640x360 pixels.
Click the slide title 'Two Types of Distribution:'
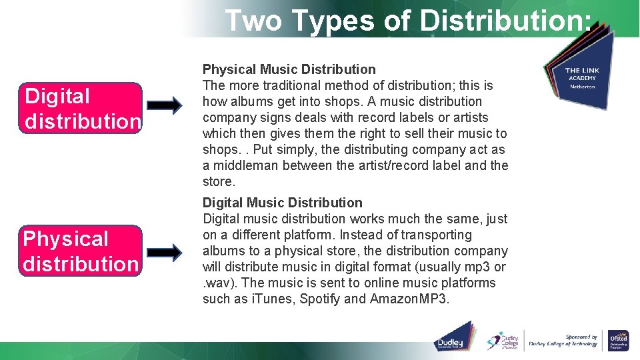407,21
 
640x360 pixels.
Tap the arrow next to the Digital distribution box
164,105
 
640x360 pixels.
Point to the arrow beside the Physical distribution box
164,252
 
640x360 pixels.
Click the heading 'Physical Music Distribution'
289,69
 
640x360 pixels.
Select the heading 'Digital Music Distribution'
282,203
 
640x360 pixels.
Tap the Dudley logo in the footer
455,338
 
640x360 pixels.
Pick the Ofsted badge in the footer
618,340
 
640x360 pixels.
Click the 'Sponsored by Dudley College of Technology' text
563,341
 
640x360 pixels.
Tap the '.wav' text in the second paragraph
216,283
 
